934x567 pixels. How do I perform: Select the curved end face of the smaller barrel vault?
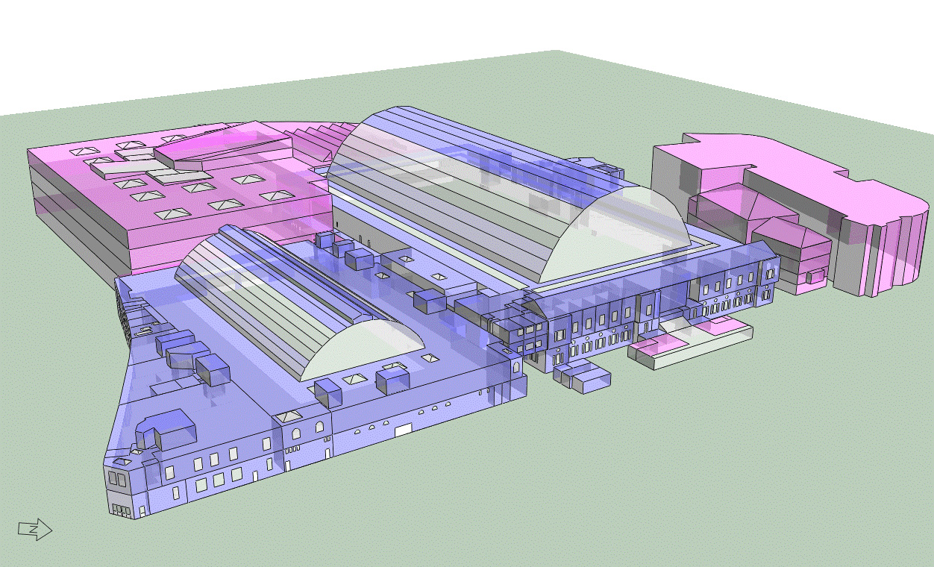363,349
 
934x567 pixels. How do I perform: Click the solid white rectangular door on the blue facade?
403,430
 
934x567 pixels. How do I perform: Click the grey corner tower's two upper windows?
116,479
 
